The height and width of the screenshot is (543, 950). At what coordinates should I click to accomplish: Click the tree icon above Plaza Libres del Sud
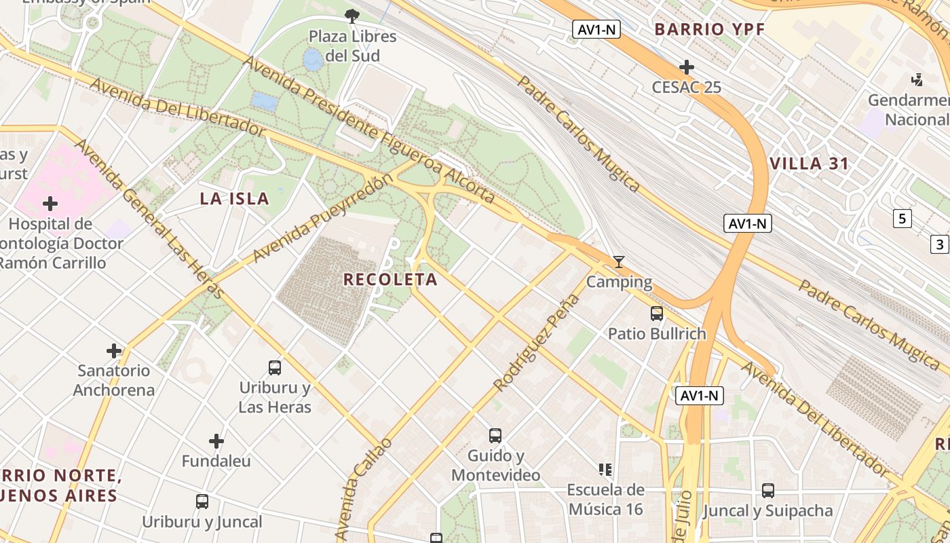pos(351,15)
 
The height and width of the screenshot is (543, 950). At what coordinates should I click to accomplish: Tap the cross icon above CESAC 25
pos(687,67)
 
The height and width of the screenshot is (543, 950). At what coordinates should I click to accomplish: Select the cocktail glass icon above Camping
pos(618,261)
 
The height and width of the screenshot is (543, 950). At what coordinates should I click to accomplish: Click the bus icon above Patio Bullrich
pos(657,314)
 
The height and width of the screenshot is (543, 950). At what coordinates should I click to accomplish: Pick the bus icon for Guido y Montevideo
pos(495,436)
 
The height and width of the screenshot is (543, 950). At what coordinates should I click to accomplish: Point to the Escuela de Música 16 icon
pos(605,469)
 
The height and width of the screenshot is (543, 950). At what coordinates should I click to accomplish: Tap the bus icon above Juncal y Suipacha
pos(768,490)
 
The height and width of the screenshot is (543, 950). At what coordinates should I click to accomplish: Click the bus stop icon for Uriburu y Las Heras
pos(275,368)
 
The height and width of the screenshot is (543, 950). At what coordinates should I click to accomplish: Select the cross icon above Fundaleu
pos(216,441)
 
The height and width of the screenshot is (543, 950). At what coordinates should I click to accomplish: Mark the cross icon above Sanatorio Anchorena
pos(114,351)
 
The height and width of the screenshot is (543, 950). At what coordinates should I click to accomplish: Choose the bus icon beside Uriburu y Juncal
pos(202,502)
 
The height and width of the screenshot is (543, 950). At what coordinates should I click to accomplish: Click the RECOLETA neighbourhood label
pos(390,280)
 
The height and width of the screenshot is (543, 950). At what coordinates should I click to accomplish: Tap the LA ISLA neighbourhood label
pos(235,199)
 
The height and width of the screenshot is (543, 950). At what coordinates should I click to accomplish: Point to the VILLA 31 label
pos(810,164)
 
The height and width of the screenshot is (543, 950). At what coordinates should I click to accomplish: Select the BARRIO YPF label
pos(710,29)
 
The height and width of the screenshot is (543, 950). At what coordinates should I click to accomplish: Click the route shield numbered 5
pos(902,219)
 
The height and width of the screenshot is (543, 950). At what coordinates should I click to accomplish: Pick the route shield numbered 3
pos(940,244)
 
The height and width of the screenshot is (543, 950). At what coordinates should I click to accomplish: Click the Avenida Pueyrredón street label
pos(322,218)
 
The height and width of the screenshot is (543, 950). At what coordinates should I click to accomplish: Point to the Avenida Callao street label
pos(364,489)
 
